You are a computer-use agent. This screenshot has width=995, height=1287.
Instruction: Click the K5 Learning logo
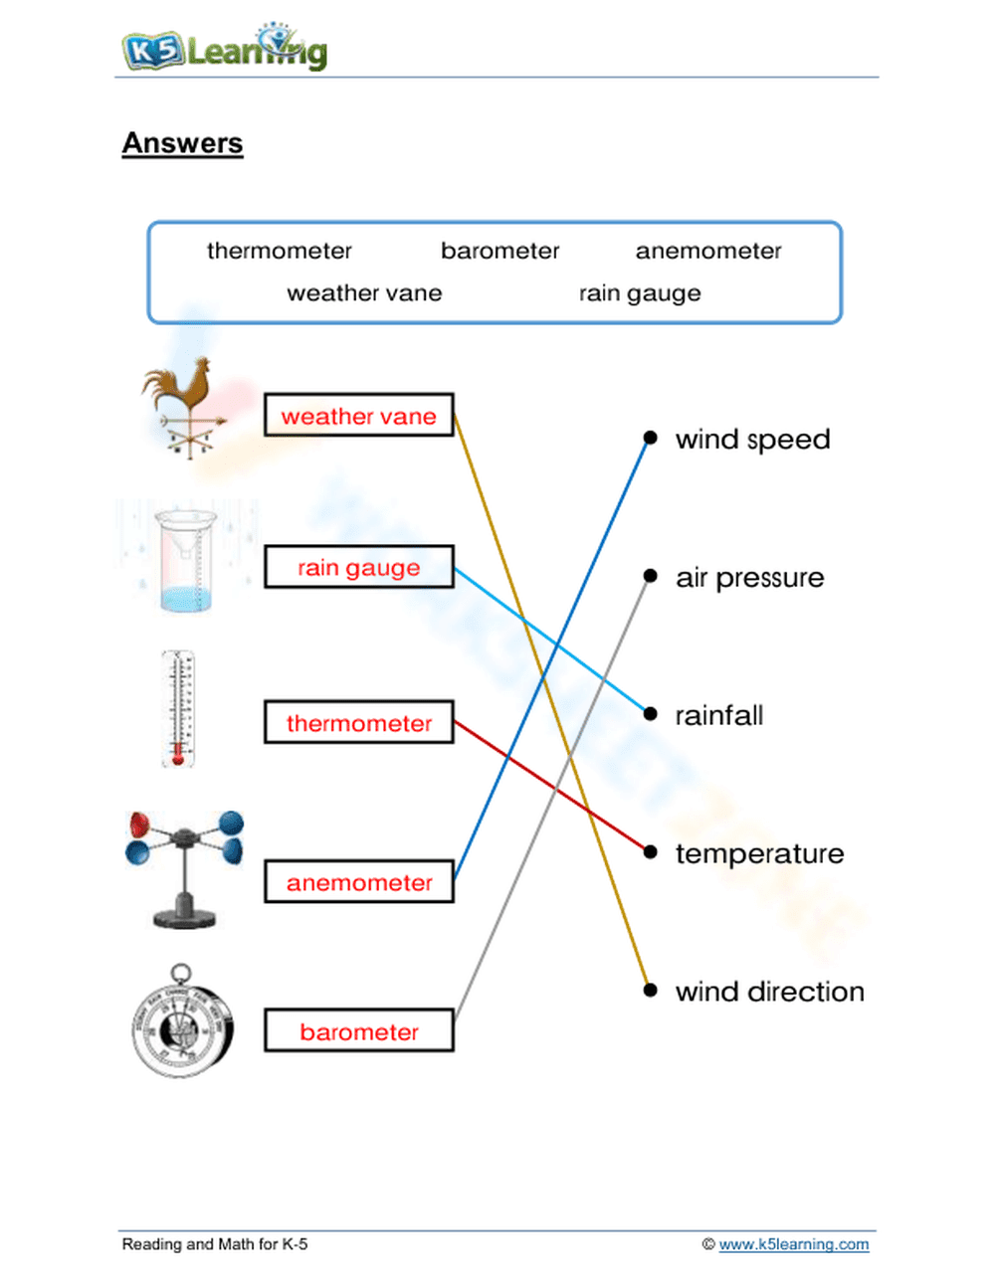[225, 49]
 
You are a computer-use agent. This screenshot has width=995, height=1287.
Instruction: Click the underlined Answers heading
[182, 143]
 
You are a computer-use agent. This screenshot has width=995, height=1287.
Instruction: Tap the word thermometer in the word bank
[279, 251]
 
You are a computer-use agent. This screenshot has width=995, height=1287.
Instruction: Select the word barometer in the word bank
[499, 251]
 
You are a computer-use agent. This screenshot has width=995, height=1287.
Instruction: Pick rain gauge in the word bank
[640, 293]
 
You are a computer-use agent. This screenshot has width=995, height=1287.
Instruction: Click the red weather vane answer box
[358, 416]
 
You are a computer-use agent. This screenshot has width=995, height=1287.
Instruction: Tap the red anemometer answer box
[358, 882]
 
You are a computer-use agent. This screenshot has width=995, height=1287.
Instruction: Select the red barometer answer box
[358, 1031]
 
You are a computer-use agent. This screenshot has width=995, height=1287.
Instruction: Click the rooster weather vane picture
[185, 407]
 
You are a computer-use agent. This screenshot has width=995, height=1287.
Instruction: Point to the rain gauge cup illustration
[186, 560]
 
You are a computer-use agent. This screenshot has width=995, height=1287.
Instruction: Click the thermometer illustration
[178, 709]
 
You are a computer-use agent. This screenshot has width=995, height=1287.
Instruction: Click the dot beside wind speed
[650, 438]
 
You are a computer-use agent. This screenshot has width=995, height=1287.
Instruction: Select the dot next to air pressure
[650, 576]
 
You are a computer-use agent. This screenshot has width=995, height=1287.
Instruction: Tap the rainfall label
[718, 715]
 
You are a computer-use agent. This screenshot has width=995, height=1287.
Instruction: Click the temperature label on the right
[759, 853]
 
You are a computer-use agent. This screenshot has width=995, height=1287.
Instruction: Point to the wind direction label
[769, 992]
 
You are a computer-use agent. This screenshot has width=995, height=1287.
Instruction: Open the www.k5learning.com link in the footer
[793, 1244]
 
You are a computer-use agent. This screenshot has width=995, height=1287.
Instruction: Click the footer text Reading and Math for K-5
[214, 1244]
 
